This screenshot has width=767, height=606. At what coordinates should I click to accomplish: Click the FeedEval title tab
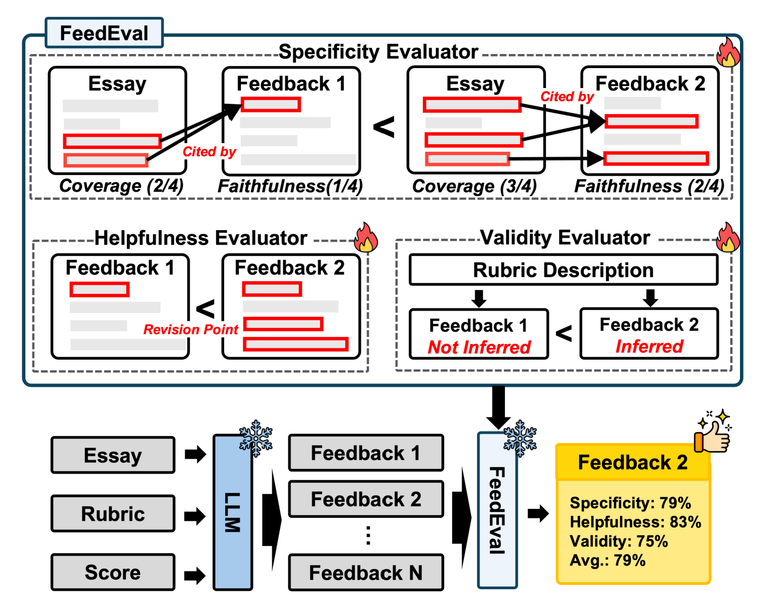coord(104,33)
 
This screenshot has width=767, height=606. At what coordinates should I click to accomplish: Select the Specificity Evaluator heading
coord(378,52)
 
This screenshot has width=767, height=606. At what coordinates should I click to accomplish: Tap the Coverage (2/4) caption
coord(122,186)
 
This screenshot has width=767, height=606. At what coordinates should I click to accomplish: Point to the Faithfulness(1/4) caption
coord(290,186)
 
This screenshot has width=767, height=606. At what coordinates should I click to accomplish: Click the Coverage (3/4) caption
coord(474,186)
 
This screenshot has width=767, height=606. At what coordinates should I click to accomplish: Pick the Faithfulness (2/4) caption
coord(649,186)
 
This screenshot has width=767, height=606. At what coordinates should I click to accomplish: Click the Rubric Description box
coord(563,270)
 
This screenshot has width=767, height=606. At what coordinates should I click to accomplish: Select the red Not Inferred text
coord(479,347)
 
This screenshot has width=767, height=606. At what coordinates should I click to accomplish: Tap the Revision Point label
coord(191,329)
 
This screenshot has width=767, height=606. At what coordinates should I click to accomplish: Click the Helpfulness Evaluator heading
coord(200,238)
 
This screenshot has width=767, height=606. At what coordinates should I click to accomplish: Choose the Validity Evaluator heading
coord(565,238)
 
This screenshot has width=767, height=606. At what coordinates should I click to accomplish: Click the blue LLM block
coord(233,512)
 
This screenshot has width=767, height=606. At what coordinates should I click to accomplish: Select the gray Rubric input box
coord(113,514)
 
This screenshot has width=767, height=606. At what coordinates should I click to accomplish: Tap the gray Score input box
coord(113,572)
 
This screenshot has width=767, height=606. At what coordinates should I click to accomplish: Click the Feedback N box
coord(366,573)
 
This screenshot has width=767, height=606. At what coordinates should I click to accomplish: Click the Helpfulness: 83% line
coord(635,522)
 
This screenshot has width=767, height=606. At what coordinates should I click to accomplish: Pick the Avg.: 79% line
coord(608,560)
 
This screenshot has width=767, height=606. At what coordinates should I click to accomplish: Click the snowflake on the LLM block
coord(255,437)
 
